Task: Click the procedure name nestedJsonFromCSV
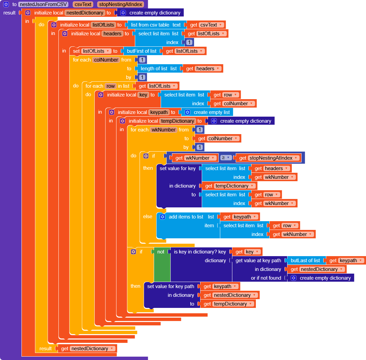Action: pos(44,5)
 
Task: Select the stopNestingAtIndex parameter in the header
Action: pos(121,5)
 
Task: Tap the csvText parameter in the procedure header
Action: pos(83,5)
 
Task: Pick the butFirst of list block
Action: pos(141,51)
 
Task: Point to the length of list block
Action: pos(154,69)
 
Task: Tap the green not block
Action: pos(161,252)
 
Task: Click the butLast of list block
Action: pos(305,261)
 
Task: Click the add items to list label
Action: pos(186,217)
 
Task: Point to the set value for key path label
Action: pos(171,286)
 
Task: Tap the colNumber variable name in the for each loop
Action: pos(106,60)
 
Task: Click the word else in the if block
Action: pos(148,217)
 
